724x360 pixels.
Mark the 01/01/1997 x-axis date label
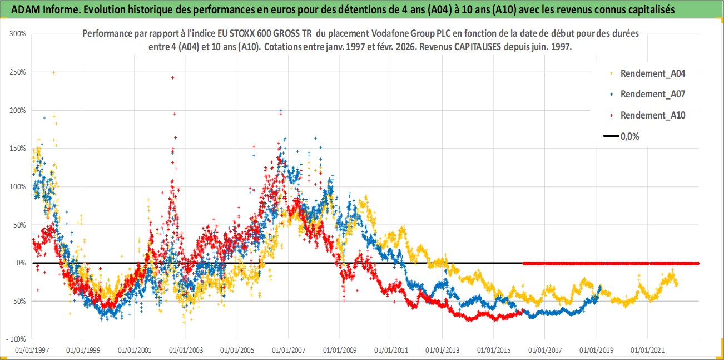[x=32, y=351]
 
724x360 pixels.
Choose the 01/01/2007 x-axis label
[x=288, y=351]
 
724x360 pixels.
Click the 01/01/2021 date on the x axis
[x=647, y=351]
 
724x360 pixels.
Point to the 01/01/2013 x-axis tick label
[x=442, y=351]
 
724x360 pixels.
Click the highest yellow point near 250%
[x=53, y=72]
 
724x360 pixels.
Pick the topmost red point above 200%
[x=173, y=78]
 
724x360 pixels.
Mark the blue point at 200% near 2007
[x=281, y=110]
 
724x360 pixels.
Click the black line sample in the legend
[x=612, y=136]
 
